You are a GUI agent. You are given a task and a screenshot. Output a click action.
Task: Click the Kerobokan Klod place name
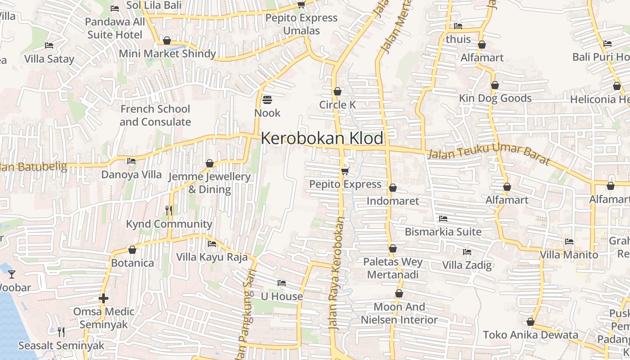[322, 138]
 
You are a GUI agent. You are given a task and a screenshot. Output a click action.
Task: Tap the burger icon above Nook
[267, 99]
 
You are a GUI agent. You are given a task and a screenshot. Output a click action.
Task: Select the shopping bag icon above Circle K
[337, 91]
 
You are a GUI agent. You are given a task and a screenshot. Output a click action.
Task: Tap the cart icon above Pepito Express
[345, 171]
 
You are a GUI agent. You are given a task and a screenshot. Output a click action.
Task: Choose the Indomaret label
[392, 201]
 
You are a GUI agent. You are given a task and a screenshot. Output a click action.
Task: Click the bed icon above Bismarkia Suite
[443, 219]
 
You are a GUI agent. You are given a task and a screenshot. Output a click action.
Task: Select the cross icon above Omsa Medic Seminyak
[103, 298]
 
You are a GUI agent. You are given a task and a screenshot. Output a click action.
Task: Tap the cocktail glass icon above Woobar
[12, 274]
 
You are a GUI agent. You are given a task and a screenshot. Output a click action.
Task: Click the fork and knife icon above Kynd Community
[169, 210]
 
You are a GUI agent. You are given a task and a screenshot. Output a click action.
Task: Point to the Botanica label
[132, 263]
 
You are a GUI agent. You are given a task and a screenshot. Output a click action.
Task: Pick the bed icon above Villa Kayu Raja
[211, 244]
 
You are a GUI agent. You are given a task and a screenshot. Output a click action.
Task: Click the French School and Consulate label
[155, 115]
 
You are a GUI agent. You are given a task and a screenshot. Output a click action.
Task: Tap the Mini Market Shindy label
[167, 54]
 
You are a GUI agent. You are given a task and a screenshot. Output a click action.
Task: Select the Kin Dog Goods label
[495, 98]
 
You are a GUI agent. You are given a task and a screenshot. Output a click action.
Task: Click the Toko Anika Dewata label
[531, 335]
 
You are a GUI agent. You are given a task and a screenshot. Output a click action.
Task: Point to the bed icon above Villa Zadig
[467, 252]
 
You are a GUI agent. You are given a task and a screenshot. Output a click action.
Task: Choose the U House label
[282, 296]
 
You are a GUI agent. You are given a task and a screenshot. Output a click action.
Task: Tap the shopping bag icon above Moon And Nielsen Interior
[399, 294]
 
